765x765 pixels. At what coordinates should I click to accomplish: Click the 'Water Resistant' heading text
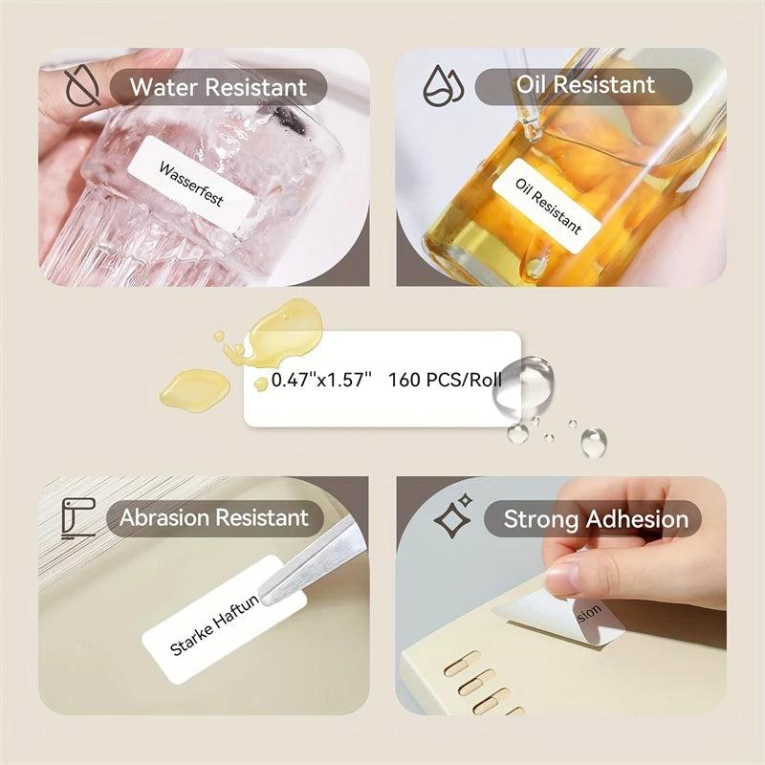pos(218,87)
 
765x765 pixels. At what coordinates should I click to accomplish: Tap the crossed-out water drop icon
pos(76,86)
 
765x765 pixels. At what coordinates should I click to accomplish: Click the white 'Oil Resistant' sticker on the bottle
pos(548,205)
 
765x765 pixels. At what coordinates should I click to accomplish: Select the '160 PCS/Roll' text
pos(445,379)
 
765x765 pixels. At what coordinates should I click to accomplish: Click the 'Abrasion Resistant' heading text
pos(214,518)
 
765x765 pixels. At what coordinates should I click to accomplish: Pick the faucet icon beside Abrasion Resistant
pos(76,517)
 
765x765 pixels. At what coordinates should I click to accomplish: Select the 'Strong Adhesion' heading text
pos(596,519)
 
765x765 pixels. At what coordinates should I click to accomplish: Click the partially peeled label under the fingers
pos(564,610)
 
